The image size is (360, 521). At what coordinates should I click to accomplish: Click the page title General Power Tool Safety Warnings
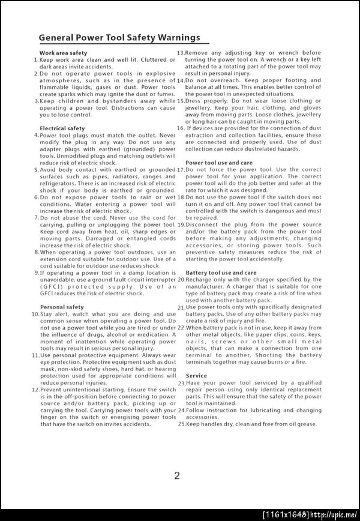click(x=119, y=37)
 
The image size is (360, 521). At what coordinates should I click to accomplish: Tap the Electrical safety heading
click(x=62, y=128)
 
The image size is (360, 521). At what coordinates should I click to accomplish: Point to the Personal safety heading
click(x=62, y=307)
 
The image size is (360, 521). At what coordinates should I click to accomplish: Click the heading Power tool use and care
click(x=219, y=163)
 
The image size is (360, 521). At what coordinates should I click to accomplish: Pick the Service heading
click(x=196, y=376)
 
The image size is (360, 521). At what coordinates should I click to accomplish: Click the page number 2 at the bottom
click(x=177, y=476)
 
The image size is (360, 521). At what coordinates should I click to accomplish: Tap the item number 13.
click(x=180, y=53)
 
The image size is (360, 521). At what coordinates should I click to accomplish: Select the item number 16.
click(x=180, y=128)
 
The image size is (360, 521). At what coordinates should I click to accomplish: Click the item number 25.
click(x=181, y=424)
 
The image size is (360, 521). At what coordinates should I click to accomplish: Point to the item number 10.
click(x=36, y=314)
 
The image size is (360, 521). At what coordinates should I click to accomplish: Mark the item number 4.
click(x=36, y=135)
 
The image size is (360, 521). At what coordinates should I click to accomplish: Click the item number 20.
click(x=181, y=280)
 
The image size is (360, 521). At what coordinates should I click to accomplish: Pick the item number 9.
click(x=37, y=273)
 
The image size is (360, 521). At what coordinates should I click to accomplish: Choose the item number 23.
click(x=181, y=383)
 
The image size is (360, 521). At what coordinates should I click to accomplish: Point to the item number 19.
click(x=181, y=224)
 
